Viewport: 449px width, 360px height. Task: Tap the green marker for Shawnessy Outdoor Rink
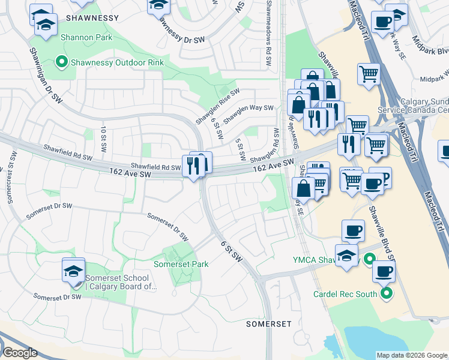click(x=61, y=61)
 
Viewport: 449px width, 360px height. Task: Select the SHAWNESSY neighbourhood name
click(x=93, y=18)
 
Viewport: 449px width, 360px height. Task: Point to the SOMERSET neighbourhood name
click(x=268, y=324)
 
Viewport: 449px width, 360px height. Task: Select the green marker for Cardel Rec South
click(x=387, y=294)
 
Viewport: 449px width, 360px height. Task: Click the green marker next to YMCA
click(x=369, y=259)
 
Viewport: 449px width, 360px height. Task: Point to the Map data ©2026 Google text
click(x=411, y=355)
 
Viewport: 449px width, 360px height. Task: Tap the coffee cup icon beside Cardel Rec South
click(x=384, y=271)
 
